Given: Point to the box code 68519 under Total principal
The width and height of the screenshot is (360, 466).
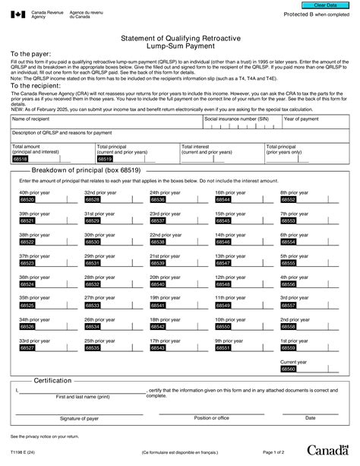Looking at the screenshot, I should tap(104, 160).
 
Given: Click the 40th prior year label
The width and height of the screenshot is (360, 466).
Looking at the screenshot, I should tap(34, 193).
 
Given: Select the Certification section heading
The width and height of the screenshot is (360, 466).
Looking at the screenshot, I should tap(52, 380).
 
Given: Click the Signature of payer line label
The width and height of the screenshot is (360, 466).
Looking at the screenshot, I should tap(79, 418).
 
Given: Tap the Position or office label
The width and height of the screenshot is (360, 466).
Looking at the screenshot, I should tap(211, 418).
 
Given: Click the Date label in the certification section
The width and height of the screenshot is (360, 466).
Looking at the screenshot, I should tap(310, 418).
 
